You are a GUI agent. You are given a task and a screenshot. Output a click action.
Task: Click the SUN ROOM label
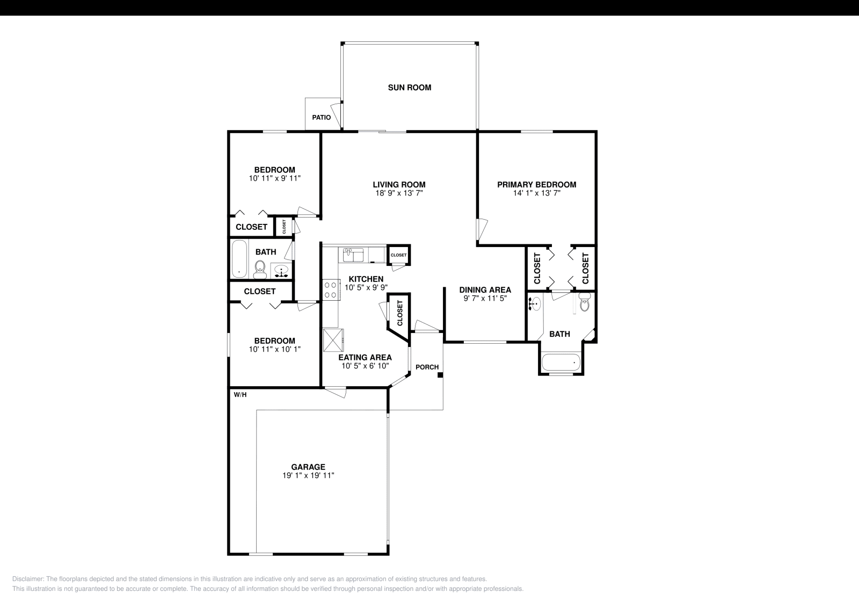tap(409, 88)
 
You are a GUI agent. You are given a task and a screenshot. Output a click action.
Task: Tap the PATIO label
tap(322, 118)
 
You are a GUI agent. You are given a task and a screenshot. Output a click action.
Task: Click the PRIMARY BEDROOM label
tap(536, 184)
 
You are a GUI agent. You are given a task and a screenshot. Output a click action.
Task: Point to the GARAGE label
tap(308, 467)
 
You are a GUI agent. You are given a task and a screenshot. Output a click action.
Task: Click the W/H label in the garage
tap(240, 395)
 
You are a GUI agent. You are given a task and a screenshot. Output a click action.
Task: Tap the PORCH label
tap(427, 367)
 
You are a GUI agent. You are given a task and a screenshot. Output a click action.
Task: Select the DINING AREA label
tap(485, 290)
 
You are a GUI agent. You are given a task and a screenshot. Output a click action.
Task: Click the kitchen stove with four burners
tap(330, 290)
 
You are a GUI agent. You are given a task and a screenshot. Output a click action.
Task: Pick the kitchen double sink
tap(354, 254)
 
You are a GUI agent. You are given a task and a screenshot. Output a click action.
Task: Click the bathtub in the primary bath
tap(562, 363)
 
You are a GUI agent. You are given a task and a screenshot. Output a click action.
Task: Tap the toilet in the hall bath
tap(260, 269)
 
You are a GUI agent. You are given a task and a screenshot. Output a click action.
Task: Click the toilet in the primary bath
tap(585, 304)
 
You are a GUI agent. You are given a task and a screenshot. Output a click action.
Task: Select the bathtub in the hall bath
tap(239, 259)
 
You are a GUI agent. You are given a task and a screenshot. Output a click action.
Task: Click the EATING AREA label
tap(365, 358)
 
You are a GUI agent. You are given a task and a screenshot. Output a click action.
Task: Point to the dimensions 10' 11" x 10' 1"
tap(274, 349)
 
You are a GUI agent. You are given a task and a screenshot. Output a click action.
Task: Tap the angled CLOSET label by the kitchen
tap(399, 313)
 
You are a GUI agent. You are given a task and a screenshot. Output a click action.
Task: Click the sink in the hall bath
tap(281, 271)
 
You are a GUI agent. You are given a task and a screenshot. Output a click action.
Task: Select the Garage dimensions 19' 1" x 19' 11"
tap(308, 475)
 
